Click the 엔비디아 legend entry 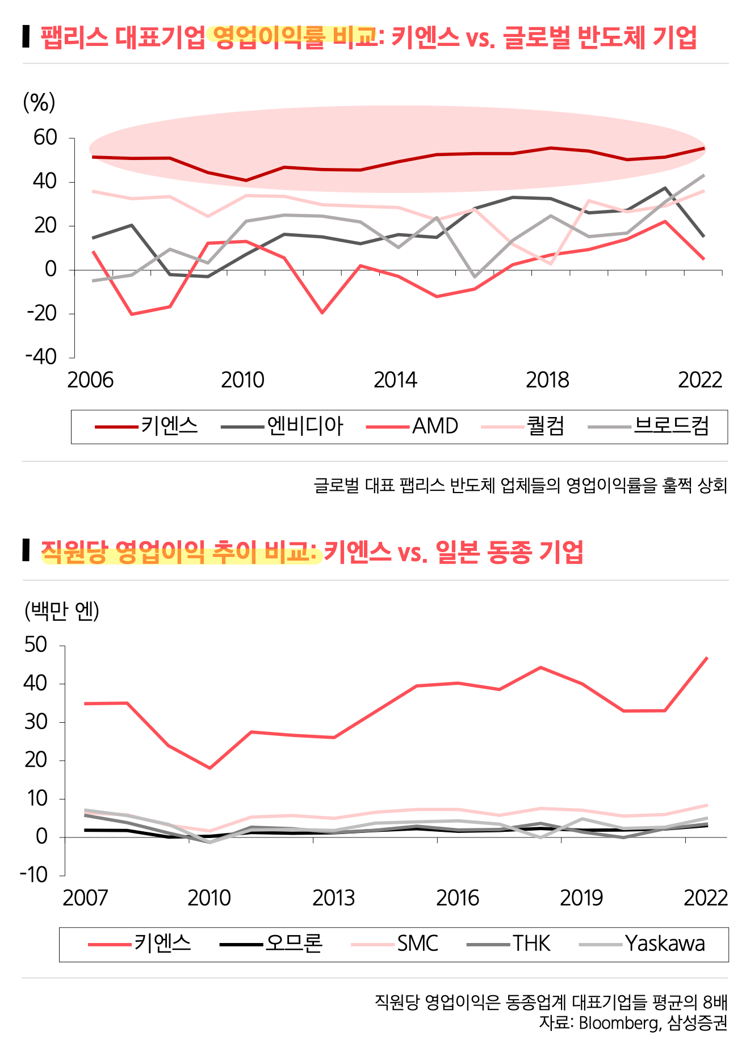(305, 426)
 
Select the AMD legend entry (435, 426)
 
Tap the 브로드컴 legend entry (671, 426)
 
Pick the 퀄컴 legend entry (546, 426)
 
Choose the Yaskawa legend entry (665, 944)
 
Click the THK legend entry (531, 944)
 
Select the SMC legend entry (417, 944)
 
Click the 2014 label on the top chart (395, 380)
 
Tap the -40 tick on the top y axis (41, 357)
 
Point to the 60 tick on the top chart (45, 138)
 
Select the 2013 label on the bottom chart (334, 898)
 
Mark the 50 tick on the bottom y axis (36, 645)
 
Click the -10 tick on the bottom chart (34, 875)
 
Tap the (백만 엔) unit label (62, 611)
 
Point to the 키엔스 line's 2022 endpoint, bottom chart (707, 658)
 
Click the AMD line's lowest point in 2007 (131, 314)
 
